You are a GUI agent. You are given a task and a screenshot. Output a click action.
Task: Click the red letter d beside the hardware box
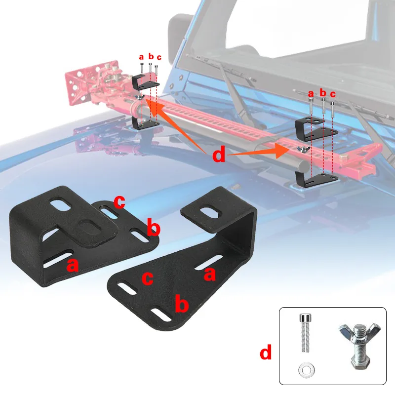point(266,353)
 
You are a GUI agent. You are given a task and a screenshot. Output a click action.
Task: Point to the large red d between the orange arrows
point(218,155)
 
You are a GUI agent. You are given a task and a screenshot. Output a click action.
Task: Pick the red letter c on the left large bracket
point(119,202)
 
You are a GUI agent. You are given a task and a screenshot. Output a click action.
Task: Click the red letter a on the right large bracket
point(209,274)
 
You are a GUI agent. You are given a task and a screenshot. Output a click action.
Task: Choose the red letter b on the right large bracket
point(182,304)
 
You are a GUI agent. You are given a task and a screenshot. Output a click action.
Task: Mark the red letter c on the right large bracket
point(148,278)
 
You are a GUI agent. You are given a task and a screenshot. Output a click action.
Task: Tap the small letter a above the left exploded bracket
point(141,57)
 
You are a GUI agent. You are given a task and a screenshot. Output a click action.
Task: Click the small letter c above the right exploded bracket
point(333,94)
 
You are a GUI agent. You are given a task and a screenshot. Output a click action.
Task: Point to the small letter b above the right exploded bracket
point(323,92)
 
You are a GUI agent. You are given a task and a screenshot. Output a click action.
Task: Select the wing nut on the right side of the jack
point(301,149)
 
